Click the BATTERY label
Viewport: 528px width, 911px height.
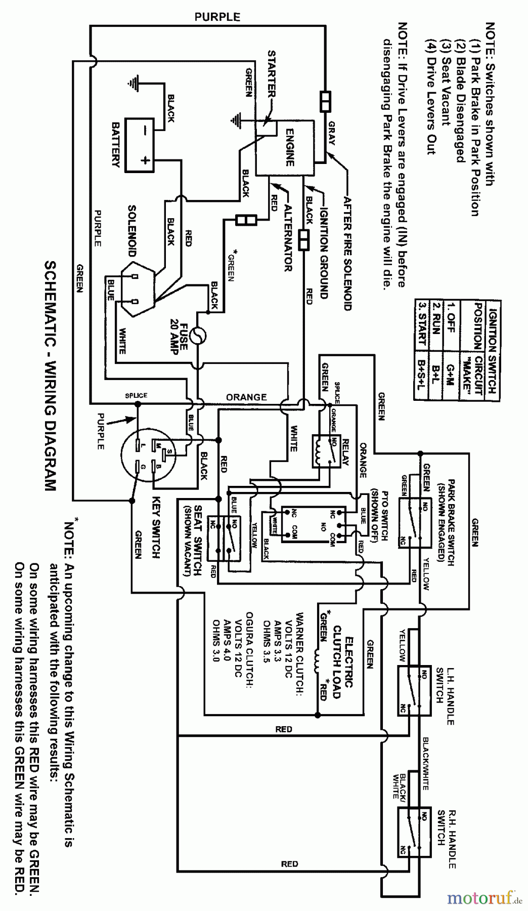click(x=116, y=145)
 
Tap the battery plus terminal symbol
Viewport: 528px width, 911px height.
click(x=145, y=160)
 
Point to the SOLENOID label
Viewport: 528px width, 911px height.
click(x=132, y=230)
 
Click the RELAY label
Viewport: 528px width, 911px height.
click(x=346, y=452)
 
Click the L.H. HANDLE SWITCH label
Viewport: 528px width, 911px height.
click(x=445, y=696)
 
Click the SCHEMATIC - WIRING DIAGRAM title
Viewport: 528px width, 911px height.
click(x=50, y=376)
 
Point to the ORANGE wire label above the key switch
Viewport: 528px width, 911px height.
click(x=246, y=397)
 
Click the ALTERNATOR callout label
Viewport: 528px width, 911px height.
click(x=288, y=238)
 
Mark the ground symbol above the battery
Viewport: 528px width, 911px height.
click(x=134, y=84)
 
